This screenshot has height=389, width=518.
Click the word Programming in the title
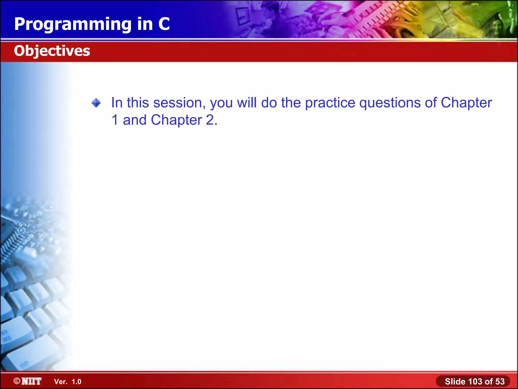(x=73, y=25)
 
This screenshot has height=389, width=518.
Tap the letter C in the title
(x=164, y=24)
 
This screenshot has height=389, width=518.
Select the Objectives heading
(x=52, y=51)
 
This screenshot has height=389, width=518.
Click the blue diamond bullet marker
(x=96, y=103)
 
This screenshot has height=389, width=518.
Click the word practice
(x=330, y=103)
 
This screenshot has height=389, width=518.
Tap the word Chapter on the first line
(x=466, y=103)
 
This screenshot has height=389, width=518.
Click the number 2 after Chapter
(x=210, y=120)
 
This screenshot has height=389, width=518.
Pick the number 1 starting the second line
(x=115, y=120)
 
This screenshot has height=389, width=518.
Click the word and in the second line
(x=135, y=120)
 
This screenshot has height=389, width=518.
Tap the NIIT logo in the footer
(x=31, y=381)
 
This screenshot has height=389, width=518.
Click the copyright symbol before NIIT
(x=17, y=381)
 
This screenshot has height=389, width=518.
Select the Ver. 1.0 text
(x=68, y=382)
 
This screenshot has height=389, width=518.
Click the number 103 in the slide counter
(x=475, y=381)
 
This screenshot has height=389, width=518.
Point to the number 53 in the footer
(x=500, y=381)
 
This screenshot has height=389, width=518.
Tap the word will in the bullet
(x=247, y=103)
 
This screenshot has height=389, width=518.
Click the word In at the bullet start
(x=117, y=103)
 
